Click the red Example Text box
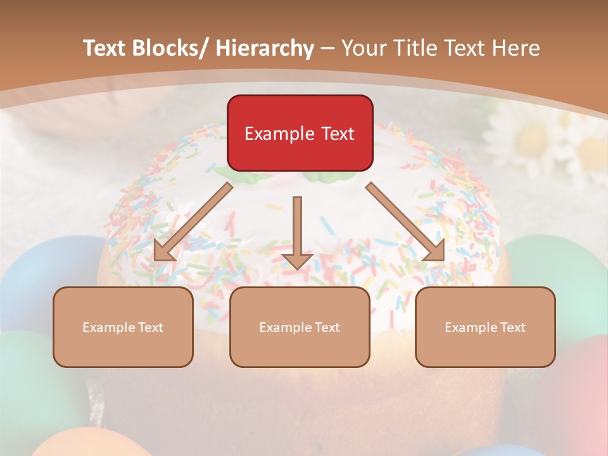300,133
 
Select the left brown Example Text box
123,327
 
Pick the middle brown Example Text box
300,327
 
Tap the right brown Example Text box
485,327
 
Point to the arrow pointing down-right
405,222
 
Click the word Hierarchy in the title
264,48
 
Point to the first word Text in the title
105,48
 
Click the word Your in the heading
364,48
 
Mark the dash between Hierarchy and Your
327,48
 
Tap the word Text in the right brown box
512,327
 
